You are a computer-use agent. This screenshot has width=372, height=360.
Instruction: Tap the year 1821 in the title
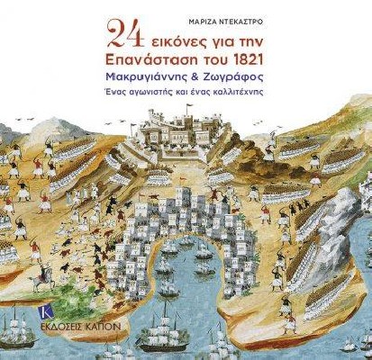point(243,57)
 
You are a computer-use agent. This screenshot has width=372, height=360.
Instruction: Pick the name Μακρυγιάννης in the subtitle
point(151,79)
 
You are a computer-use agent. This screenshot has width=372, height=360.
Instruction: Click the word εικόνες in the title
point(181,37)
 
